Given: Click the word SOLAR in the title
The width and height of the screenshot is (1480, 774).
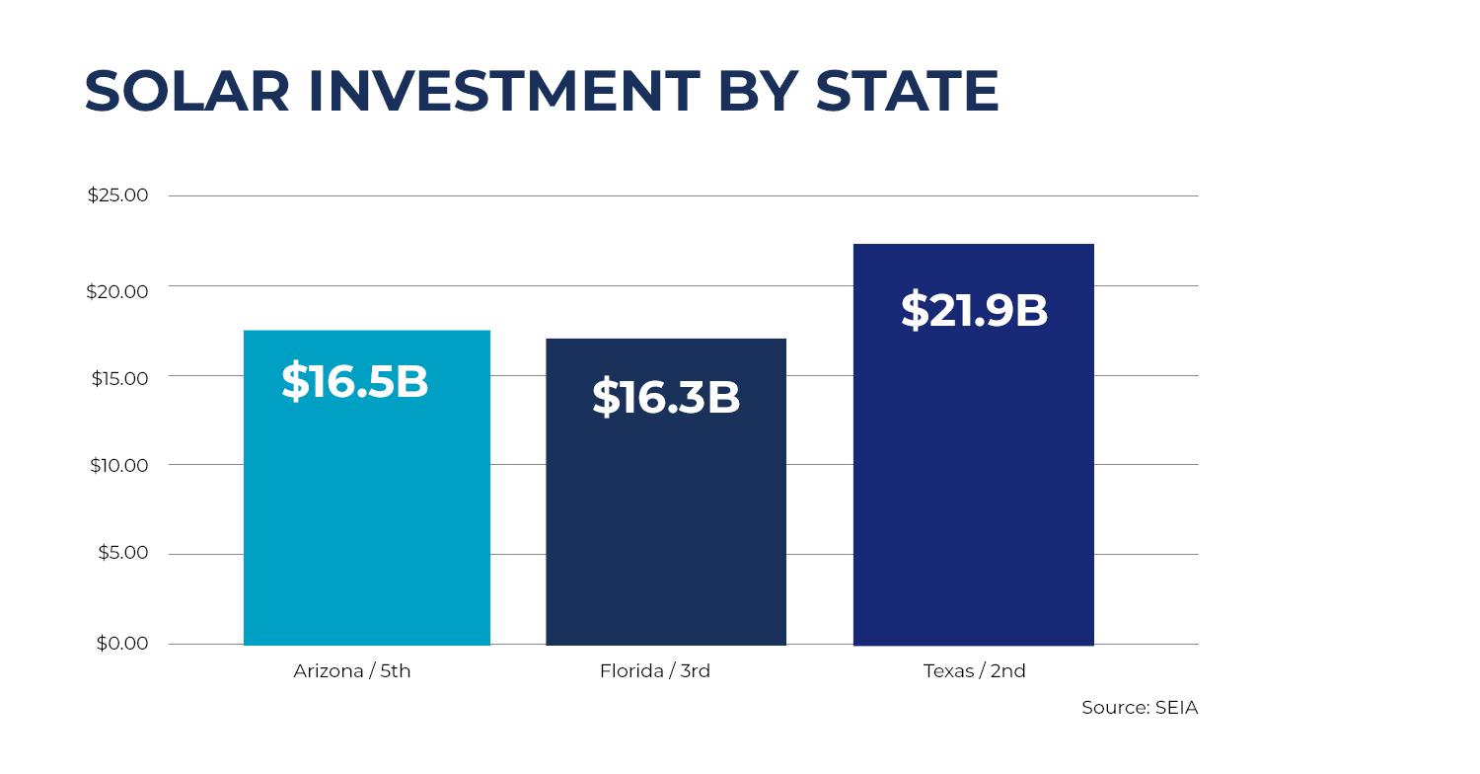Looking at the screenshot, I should tap(187, 92).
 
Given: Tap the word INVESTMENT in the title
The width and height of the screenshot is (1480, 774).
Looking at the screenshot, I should tap(503, 92).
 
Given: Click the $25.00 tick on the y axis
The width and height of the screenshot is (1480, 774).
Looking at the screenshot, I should tap(117, 195).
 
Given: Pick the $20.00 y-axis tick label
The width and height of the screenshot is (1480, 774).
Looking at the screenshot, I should tap(117, 291).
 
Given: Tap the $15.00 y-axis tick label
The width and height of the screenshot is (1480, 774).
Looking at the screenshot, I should tap(119, 379).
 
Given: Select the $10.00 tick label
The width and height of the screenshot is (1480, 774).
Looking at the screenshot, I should tap(119, 466).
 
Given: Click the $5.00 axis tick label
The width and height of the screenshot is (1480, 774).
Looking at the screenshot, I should tap(122, 553).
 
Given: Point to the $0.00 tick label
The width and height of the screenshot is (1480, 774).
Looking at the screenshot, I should tap(122, 644).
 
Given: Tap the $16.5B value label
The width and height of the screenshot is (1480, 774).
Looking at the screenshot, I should tap(354, 381).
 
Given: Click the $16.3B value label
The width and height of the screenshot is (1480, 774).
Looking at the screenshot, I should tap(666, 397).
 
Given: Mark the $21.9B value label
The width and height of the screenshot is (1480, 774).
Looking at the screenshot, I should tap(974, 310).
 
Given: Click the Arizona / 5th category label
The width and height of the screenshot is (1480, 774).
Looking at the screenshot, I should tap(352, 671).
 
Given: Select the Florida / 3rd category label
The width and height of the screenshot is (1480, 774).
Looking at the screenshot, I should tap(655, 671).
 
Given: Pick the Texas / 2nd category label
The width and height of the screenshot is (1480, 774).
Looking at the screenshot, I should tap(974, 671).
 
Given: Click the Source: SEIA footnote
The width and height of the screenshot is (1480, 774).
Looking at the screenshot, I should tap(1139, 708).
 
